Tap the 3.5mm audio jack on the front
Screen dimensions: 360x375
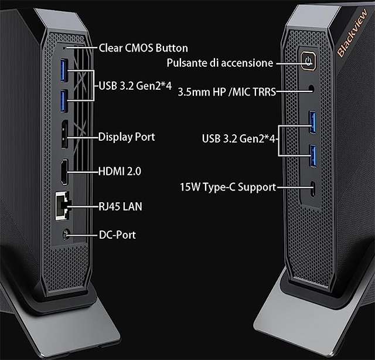click(311, 90)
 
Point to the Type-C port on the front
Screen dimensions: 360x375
click(313, 189)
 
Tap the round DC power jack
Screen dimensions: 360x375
click(66, 235)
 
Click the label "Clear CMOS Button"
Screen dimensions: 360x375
click(143, 48)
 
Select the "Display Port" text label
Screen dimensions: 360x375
click(127, 137)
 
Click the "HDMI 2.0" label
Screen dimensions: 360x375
click(120, 172)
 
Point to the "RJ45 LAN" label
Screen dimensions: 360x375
click(120, 206)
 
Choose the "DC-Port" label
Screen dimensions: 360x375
click(118, 235)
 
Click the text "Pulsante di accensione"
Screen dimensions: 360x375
click(220, 62)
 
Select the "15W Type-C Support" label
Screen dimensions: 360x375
click(227, 188)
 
